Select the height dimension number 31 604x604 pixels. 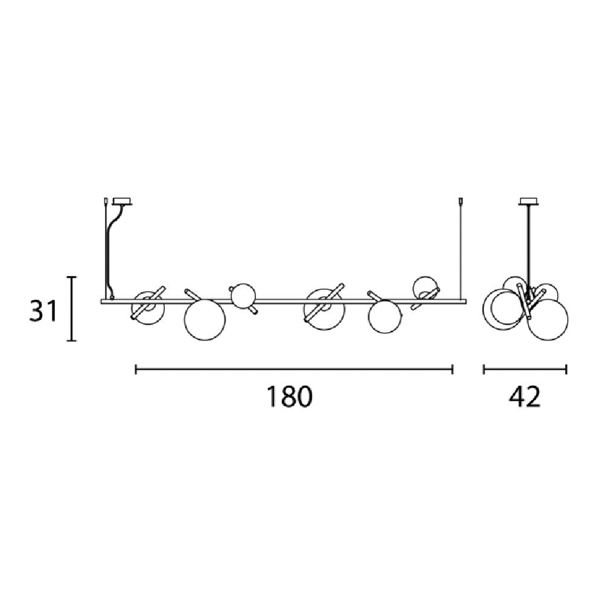point(43,311)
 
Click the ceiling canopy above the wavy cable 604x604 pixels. point(122,202)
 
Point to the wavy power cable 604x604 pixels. point(114,251)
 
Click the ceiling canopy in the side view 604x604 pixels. point(529,202)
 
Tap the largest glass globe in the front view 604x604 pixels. point(205,320)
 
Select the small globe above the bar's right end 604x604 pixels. point(425,288)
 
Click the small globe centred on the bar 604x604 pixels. point(243,296)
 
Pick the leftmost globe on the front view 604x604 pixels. point(148,308)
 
